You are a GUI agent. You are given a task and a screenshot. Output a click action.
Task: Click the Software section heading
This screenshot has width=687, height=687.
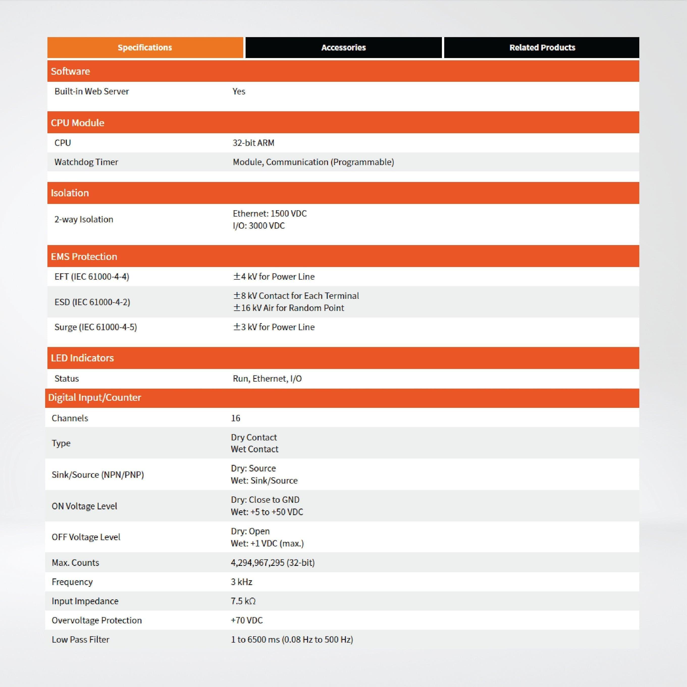coord(70,71)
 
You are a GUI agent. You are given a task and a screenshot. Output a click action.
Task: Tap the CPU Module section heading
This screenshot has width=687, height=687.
coord(77,123)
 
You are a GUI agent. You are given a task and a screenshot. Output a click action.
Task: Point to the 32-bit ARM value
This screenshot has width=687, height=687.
coord(254,143)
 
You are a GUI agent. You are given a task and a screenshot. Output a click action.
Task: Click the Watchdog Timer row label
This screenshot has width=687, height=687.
coord(86,162)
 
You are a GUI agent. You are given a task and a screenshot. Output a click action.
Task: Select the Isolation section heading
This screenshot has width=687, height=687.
coord(70,193)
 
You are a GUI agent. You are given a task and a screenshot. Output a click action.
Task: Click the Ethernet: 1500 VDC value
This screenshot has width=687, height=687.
coord(270,213)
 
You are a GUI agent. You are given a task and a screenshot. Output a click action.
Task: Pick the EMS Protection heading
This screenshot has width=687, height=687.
coord(84,256)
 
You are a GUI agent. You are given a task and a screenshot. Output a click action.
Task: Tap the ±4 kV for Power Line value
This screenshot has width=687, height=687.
coord(274,277)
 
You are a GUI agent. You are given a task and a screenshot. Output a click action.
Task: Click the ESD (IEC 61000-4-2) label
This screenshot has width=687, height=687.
coord(92,302)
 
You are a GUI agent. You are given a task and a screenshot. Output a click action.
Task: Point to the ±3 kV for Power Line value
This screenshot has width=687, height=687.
coord(274,327)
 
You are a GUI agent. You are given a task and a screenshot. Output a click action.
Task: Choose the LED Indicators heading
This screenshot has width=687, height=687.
coord(82,358)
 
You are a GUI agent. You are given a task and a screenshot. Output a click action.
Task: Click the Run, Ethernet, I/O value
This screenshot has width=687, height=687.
coord(267,378)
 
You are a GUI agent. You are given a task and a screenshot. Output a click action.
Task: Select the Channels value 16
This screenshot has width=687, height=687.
coord(235,418)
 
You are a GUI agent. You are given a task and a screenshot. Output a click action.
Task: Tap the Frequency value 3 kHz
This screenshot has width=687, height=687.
coord(242,582)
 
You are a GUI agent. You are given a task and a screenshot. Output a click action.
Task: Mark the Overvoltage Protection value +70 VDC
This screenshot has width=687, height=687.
coord(247,620)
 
